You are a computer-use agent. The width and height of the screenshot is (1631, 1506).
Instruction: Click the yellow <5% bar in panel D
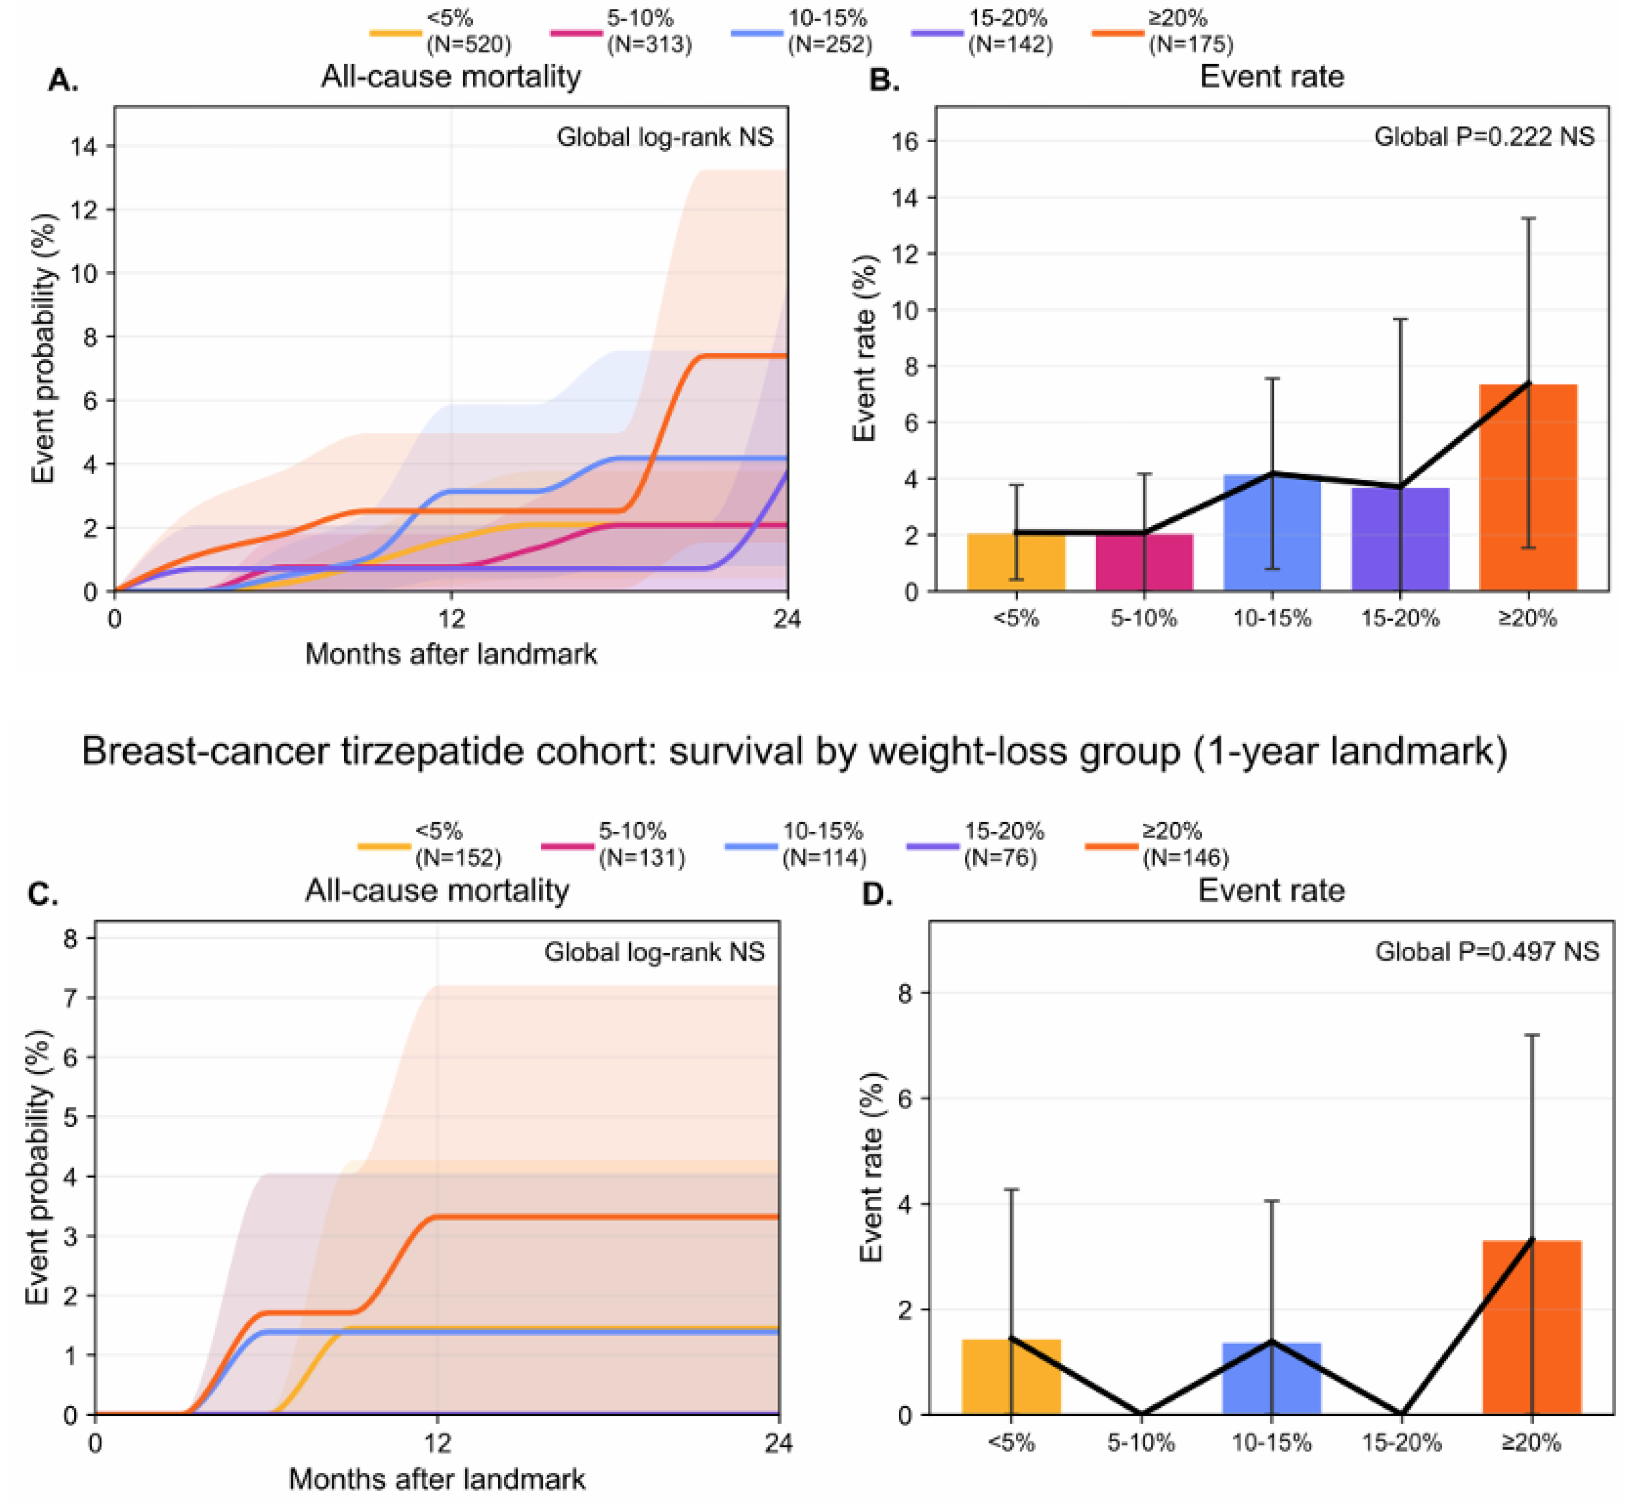(1011, 1377)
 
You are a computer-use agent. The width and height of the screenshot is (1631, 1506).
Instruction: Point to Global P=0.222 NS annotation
(1483, 136)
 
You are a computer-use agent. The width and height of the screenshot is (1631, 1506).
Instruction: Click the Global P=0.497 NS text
(1487, 951)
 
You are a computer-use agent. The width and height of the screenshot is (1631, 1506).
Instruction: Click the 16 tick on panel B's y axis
(904, 141)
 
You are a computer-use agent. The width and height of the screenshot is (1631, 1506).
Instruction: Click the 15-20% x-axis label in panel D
(1401, 1443)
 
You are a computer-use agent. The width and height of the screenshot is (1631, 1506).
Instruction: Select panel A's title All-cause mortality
(451, 76)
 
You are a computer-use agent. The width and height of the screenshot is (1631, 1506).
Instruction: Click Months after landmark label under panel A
(451, 654)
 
